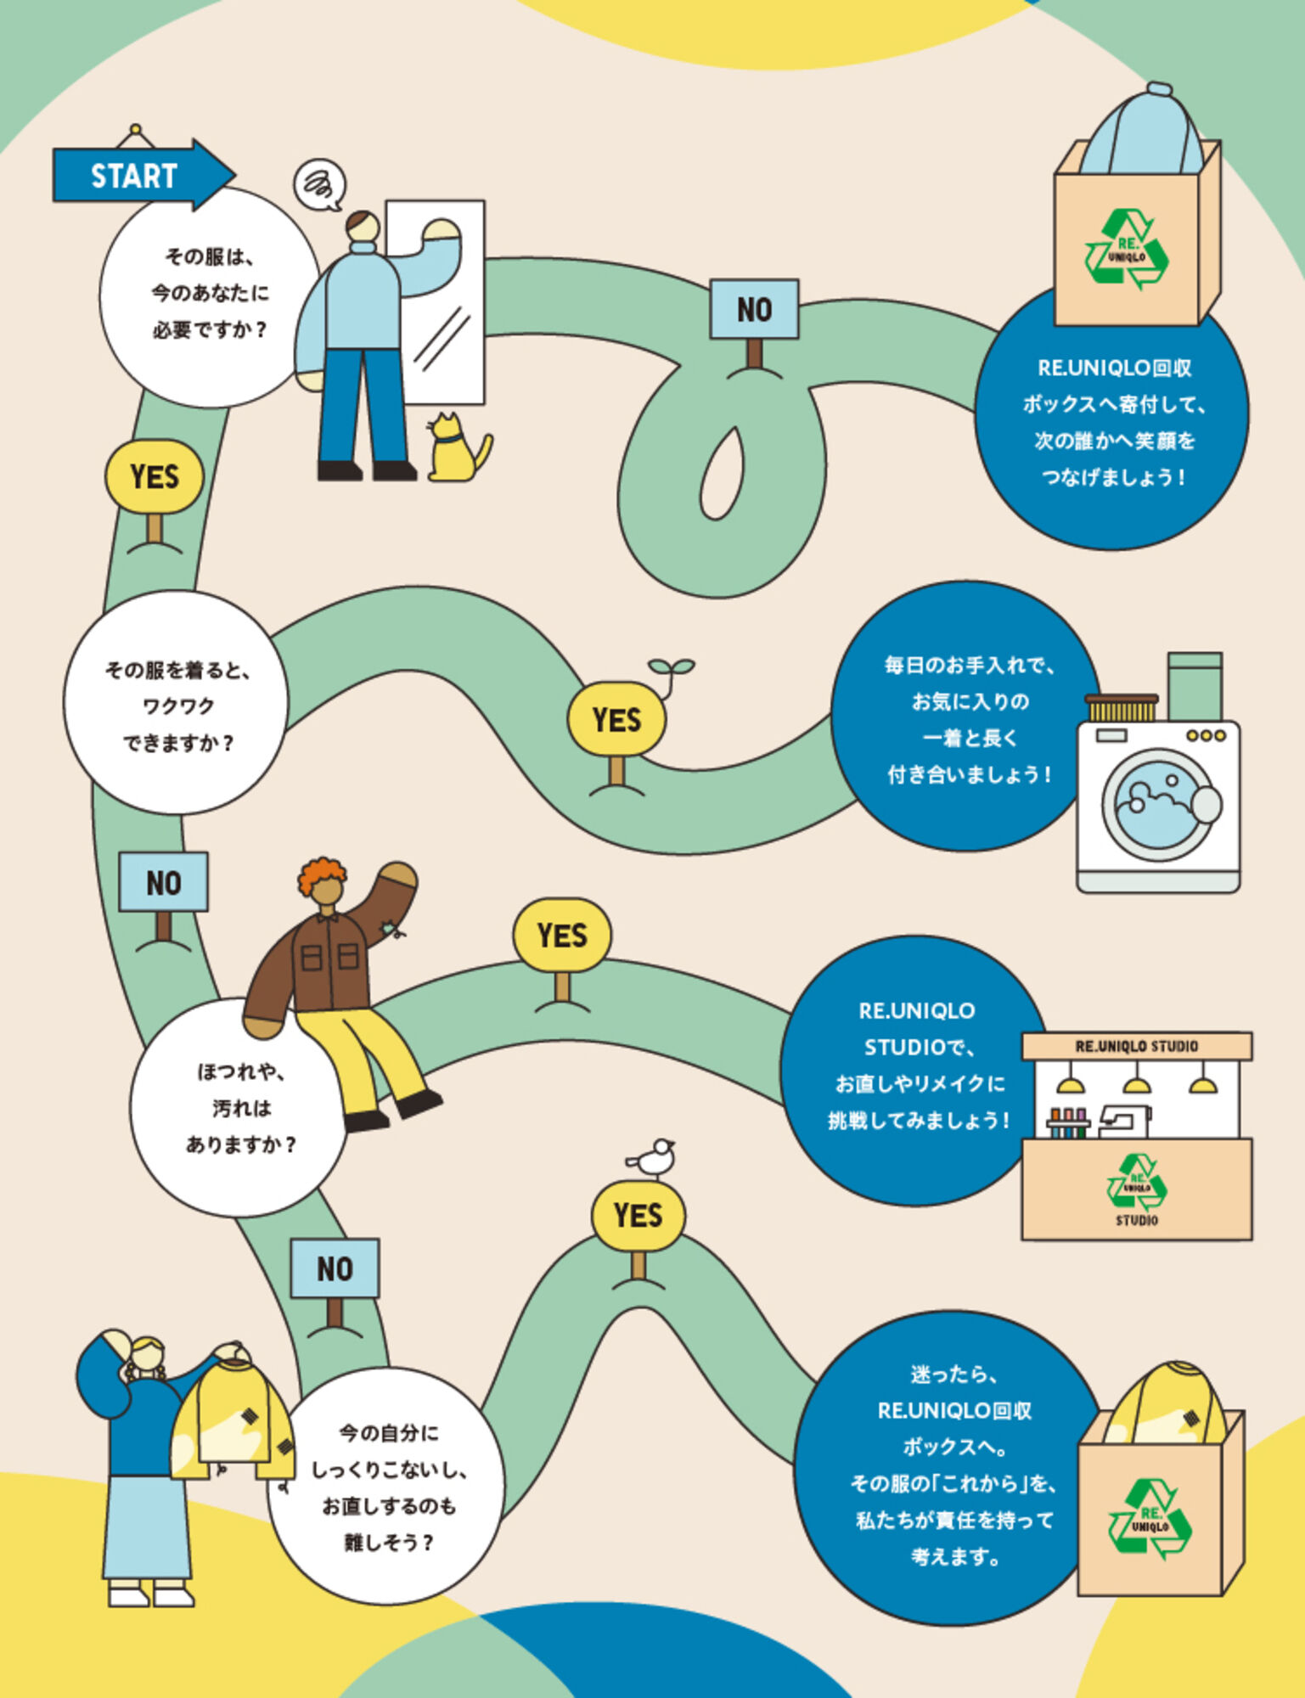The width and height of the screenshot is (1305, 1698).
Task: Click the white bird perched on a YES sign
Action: pyautogui.click(x=652, y=1158)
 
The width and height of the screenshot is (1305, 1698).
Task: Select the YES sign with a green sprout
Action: pyautogui.click(x=617, y=719)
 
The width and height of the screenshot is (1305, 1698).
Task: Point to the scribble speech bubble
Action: pyautogui.click(x=321, y=185)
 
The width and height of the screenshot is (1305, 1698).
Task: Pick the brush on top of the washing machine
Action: pyautogui.click(x=1122, y=707)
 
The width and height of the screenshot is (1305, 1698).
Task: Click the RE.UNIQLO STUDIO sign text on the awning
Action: pyautogui.click(x=1136, y=1046)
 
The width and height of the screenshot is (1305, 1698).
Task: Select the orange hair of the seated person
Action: pyautogui.click(x=322, y=874)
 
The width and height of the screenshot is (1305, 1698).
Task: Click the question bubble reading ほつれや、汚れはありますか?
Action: pyautogui.click(x=239, y=1107)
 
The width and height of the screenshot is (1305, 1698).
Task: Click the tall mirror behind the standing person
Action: pyautogui.click(x=436, y=302)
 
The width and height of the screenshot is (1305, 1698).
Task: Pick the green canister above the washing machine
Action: pyautogui.click(x=1195, y=687)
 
